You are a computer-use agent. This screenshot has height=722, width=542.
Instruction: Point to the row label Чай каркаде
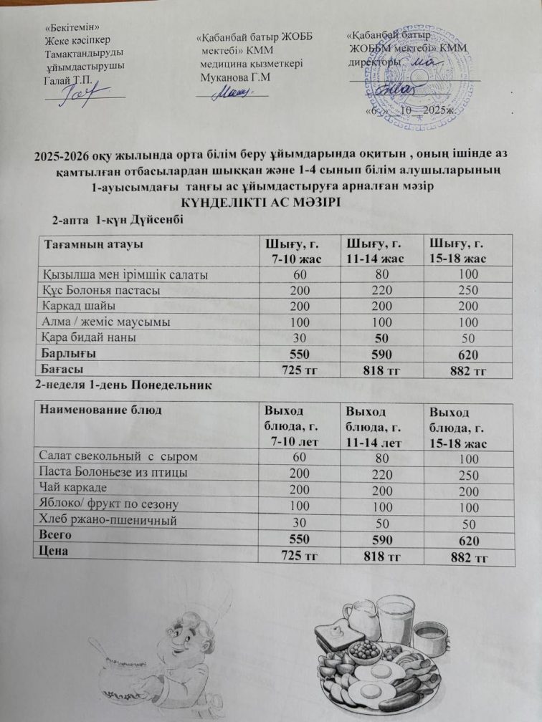[x=72, y=488]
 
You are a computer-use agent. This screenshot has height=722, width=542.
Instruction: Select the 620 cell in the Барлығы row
[x=458, y=355]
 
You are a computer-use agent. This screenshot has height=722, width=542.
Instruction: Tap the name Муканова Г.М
[x=237, y=77]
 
